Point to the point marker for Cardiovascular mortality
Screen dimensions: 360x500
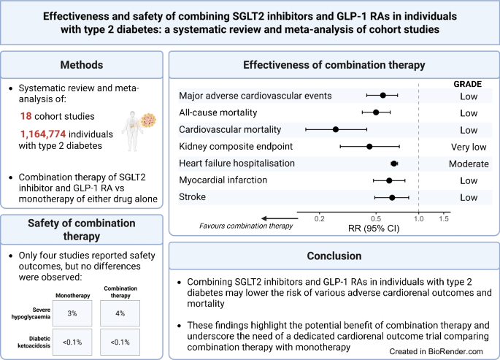336,129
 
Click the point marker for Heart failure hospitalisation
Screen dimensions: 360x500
394,163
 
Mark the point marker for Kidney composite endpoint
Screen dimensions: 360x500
369,146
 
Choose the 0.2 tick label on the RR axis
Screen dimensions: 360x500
319,218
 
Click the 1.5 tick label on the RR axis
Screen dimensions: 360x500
444,218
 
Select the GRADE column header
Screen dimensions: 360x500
468,84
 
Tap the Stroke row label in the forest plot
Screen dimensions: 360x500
192,197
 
